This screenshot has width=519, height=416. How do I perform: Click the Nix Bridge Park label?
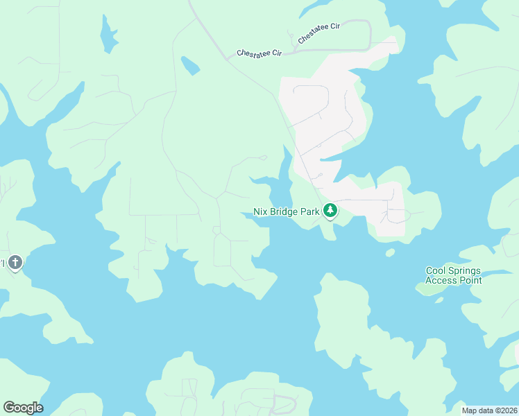pos(286,211)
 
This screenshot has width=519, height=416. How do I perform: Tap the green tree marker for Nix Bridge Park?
pos(330,210)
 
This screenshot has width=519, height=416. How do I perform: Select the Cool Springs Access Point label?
pos(453,275)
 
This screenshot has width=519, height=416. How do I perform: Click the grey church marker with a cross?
pos(15,263)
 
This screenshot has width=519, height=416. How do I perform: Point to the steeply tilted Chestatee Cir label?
pos(318,34)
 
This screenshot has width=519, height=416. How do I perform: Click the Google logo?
pos(23,408)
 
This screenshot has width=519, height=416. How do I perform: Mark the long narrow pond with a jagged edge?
pos(108,33)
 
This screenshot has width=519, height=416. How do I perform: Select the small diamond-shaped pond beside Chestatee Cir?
pos(190,66)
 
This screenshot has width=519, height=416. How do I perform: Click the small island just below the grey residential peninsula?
pos(390,252)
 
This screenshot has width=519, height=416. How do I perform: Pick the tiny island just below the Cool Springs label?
pos(438,300)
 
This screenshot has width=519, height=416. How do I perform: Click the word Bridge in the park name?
pos(284,211)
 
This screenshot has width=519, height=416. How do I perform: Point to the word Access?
pos(441,280)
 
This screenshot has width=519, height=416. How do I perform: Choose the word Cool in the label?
pos(436,270)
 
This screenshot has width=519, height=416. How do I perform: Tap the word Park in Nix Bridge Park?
pos(309,211)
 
